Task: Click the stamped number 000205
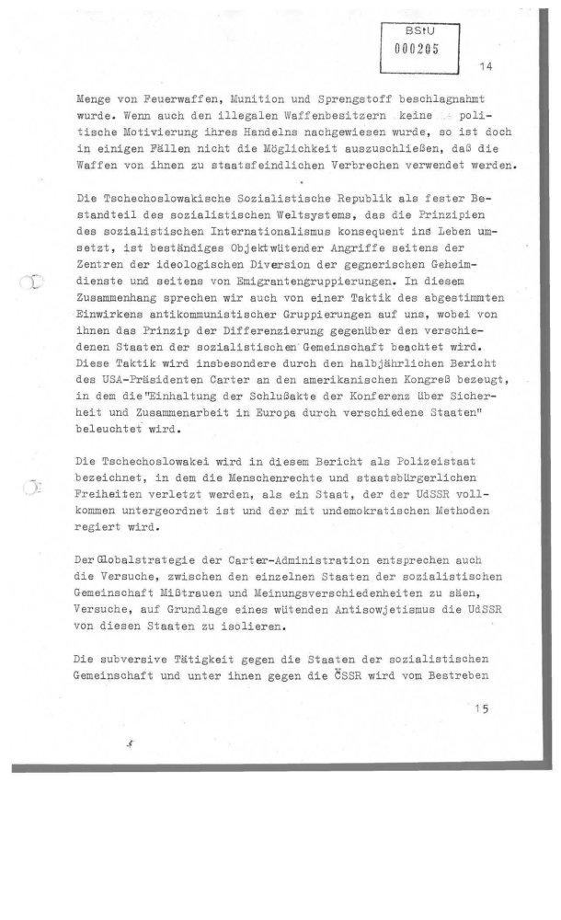point(416,52)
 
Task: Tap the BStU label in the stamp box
point(416,31)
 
